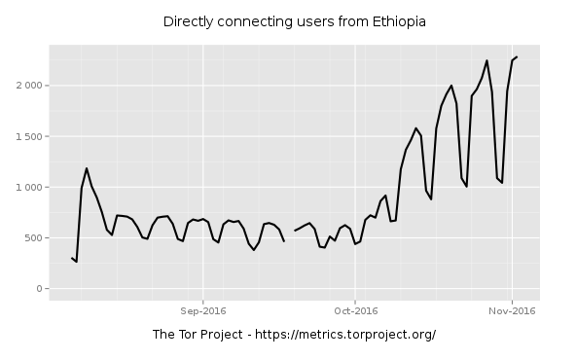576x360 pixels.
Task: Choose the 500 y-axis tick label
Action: pyautogui.click(x=31, y=237)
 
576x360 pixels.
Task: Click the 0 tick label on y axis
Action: pyautogui.click(x=37, y=288)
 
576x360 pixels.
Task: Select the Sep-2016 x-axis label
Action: pyautogui.click(x=202, y=310)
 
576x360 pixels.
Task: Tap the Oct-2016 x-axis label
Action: pyautogui.click(x=355, y=310)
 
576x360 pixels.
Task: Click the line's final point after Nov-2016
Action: pyautogui.click(x=517, y=56)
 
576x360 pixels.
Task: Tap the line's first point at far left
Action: pyautogui.click(x=71, y=258)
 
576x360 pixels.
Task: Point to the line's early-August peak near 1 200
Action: pyautogui.click(x=87, y=168)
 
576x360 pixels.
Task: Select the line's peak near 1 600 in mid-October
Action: pyautogui.click(x=415, y=127)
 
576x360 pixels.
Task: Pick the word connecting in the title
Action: pyautogui.click(x=249, y=21)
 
